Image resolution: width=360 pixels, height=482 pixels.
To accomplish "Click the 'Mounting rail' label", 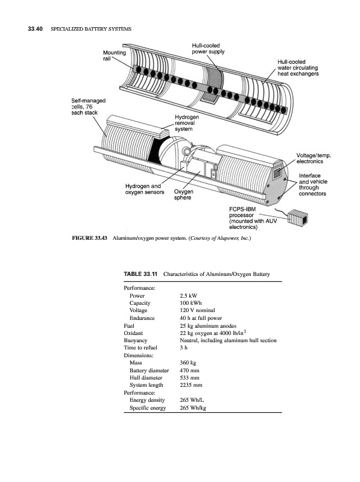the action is point(114,55).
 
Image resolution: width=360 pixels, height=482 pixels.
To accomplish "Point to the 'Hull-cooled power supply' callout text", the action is point(208,49).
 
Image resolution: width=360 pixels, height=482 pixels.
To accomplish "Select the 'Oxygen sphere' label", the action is point(184,195).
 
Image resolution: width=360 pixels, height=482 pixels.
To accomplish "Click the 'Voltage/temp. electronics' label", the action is point(314,158).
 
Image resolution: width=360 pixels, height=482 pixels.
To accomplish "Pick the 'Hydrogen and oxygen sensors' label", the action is point(145,189).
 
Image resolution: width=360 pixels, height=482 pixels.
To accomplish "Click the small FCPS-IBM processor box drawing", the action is point(298,216).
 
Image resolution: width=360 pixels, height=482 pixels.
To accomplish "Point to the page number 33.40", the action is point(35,29).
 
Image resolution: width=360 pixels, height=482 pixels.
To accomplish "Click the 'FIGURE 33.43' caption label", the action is point(89,238).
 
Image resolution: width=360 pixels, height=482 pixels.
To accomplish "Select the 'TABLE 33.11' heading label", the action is point(141,274).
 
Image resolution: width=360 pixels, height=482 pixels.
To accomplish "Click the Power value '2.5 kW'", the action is point(188,296).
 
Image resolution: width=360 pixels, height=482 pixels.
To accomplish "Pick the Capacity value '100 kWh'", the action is point(191,303).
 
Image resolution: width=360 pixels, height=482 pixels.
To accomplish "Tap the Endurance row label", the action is point(142,318).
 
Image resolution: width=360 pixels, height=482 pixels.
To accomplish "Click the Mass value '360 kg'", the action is point(188,363).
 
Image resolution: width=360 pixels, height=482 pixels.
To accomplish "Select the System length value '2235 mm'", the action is point(191,385).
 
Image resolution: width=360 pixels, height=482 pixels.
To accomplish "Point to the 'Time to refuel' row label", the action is point(141,348).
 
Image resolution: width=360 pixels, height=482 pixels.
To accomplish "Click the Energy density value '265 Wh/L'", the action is point(192,400).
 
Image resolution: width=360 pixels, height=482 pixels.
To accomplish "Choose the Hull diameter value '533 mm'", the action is point(189,378).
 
